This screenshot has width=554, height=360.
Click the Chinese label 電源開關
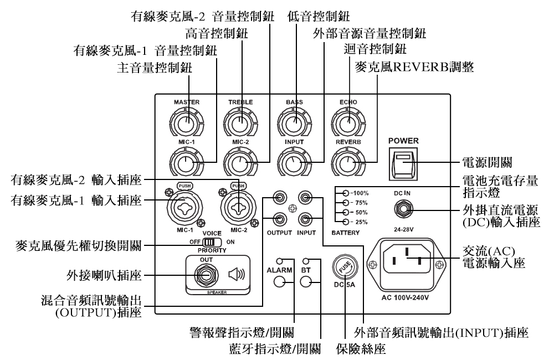point(485,163)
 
